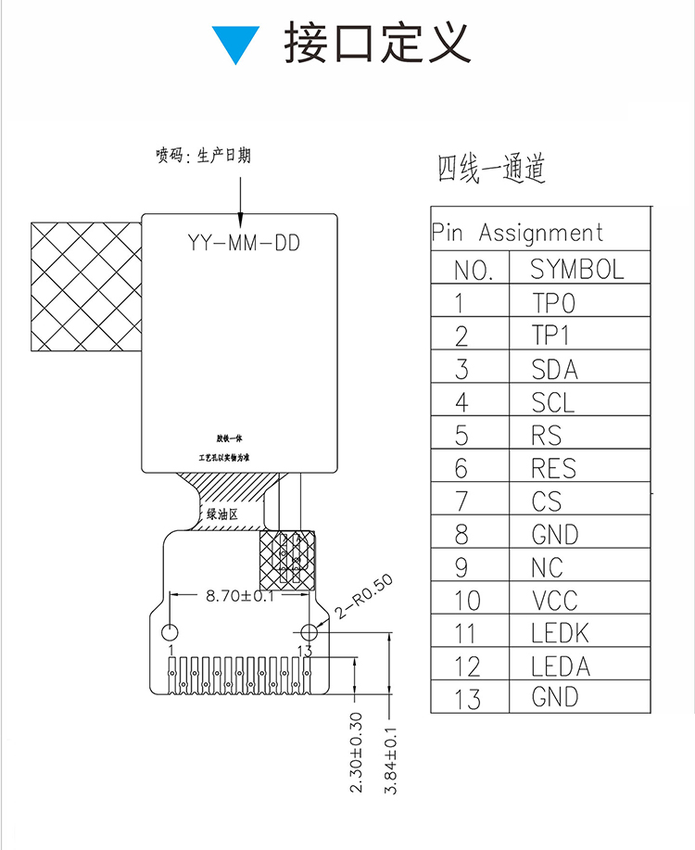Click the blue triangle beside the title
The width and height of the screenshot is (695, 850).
pyautogui.click(x=236, y=43)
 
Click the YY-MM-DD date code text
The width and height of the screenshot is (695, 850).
pyautogui.click(x=244, y=244)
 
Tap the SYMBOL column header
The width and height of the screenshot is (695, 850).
pyautogui.click(x=576, y=270)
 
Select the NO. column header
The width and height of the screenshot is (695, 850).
pyautogui.click(x=471, y=271)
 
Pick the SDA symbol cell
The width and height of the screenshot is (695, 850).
pyautogui.click(x=554, y=370)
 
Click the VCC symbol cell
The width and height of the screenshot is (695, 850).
pyautogui.click(x=554, y=601)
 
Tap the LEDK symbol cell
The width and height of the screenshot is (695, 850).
pyautogui.click(x=560, y=634)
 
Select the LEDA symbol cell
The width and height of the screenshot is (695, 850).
pyautogui.click(x=560, y=666)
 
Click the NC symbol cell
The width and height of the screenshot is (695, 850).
pyautogui.click(x=547, y=567)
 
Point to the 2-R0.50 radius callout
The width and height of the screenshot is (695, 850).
pyautogui.click(x=365, y=596)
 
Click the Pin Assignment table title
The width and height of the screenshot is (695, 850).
pyautogui.click(x=517, y=233)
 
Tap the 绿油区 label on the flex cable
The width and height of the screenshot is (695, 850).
pyautogui.click(x=222, y=514)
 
